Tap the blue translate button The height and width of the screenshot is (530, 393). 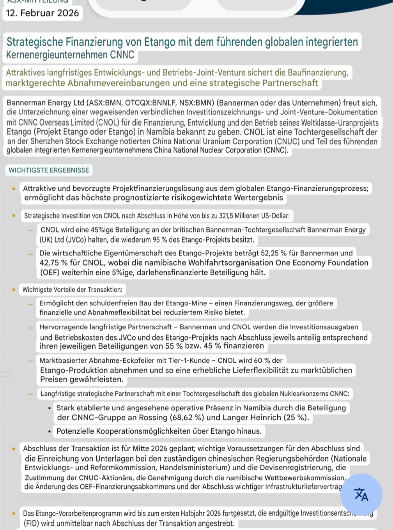coord(361,495)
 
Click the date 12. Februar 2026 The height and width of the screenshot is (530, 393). coord(42,13)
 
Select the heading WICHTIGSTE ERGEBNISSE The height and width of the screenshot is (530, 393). coord(49,170)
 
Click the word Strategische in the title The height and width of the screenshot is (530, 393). coord(35,42)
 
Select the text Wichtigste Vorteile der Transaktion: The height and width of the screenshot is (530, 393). coord(72,289)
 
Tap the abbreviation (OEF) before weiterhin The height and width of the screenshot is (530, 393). coord(50,272)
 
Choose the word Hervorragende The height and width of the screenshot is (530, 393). coord(65,327)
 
